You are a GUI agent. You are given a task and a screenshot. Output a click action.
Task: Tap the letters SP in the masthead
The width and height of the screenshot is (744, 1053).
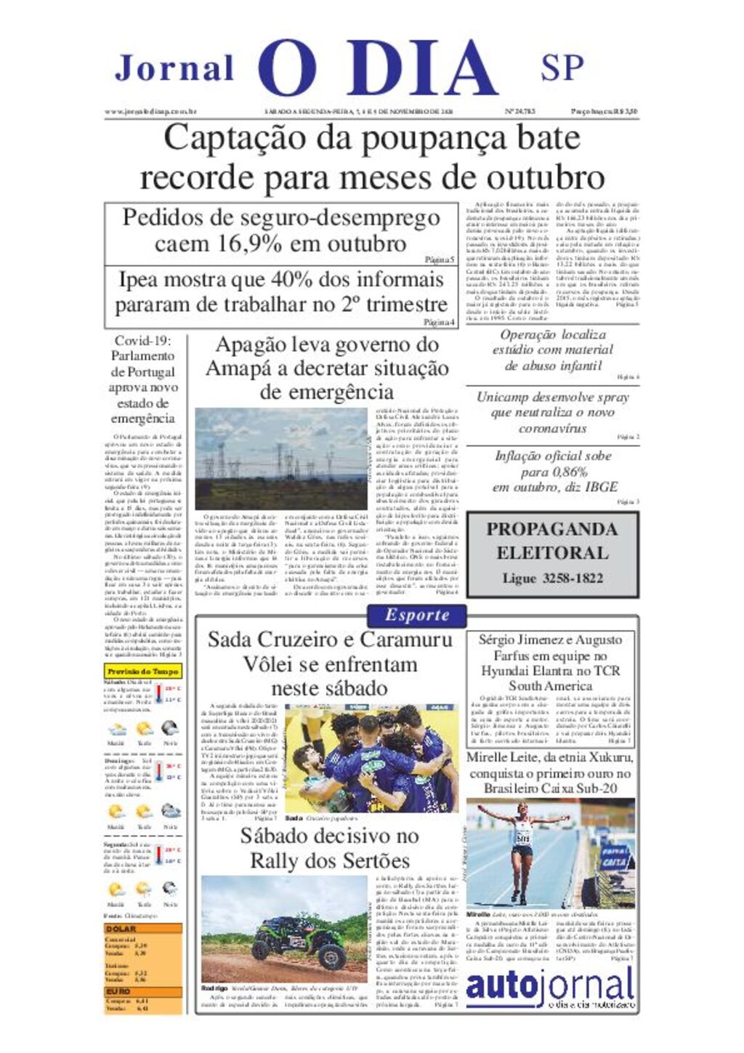pos(562,67)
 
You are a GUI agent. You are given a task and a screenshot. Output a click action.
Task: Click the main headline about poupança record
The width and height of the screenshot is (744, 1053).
pos(371,157)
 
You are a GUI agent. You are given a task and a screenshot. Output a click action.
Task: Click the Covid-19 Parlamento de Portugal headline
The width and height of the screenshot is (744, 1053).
pos(142,379)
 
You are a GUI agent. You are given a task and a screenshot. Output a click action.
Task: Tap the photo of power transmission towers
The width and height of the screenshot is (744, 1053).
pos(280,459)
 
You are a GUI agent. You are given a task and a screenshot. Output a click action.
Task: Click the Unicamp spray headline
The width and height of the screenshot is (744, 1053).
pos(552,412)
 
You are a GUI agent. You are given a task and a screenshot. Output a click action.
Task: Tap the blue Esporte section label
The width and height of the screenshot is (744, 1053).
pos(417,616)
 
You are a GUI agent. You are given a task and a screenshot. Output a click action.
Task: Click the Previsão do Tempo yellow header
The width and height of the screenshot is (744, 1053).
pos(142,671)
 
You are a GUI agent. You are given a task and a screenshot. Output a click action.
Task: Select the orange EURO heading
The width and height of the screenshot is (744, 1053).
pos(118,991)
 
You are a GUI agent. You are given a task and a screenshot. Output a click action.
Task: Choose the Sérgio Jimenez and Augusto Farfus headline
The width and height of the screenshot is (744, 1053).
pos(550,662)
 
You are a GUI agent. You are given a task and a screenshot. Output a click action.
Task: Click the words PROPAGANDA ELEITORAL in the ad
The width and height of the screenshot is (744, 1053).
pos(551,540)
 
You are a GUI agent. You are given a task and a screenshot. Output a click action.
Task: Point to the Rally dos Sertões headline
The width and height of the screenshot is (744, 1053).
pos(329,848)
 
